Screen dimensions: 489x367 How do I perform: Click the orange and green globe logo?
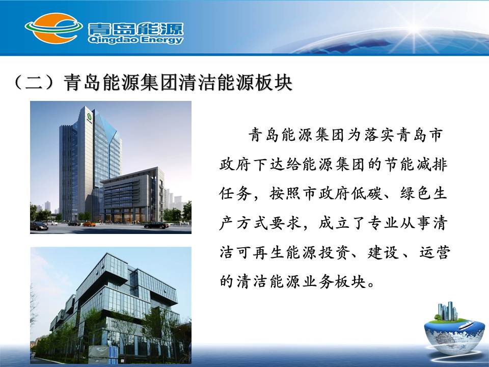53,28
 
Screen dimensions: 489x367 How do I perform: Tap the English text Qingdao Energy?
135,40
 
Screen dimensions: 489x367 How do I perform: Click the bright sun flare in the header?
415,30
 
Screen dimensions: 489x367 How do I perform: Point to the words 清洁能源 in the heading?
216,83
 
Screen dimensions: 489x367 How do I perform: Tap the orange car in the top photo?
89,224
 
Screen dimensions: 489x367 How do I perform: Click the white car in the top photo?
52,223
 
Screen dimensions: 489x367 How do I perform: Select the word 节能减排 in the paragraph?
416,165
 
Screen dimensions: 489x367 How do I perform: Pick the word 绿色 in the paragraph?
415,194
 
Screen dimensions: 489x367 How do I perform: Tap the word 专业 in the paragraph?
383,223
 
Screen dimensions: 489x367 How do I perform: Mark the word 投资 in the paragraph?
334,252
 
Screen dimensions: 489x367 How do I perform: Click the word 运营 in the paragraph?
434,252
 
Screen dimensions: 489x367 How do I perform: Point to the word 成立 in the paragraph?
334,223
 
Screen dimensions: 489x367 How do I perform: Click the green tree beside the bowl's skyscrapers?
438,318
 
